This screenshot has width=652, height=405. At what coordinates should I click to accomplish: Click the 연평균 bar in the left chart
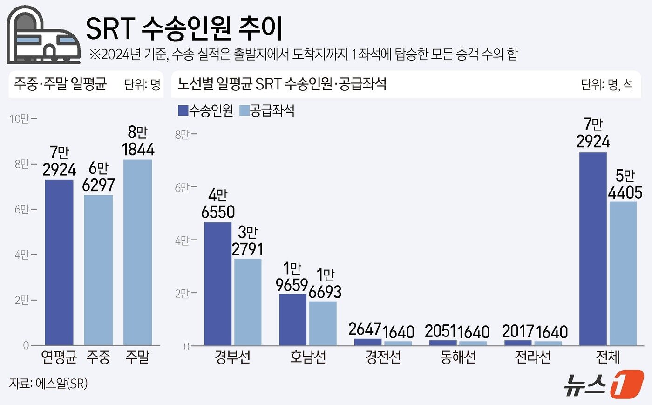tap(59, 262)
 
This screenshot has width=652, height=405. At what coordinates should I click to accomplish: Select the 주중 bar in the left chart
tap(98, 270)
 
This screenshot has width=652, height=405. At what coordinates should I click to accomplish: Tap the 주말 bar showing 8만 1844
tap(138, 252)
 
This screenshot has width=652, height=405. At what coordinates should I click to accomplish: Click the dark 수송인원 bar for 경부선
tap(218, 284)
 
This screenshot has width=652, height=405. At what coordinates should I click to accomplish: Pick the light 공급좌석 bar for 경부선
tap(248, 302)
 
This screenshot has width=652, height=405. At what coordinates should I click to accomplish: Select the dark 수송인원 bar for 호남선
tap(293, 319)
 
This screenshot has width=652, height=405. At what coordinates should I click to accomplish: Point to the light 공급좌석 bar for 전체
tap(623, 274)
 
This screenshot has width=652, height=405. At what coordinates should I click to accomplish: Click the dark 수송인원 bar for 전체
tap(593, 249)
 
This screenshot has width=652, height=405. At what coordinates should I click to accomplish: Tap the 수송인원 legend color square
tap(183, 110)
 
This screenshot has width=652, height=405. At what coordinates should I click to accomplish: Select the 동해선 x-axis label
tap(458, 357)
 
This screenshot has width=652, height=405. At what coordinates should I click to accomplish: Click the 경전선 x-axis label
tap(383, 357)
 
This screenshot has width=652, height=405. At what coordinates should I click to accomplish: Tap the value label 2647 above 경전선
tap(365, 329)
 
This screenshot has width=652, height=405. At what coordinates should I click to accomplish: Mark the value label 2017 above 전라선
tap(518, 331)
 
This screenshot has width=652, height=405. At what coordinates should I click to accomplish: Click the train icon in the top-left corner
tap(37, 35)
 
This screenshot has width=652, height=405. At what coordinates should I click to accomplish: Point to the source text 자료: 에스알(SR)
tap(48, 384)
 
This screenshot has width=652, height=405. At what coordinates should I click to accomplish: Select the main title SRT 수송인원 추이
tap(184, 29)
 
